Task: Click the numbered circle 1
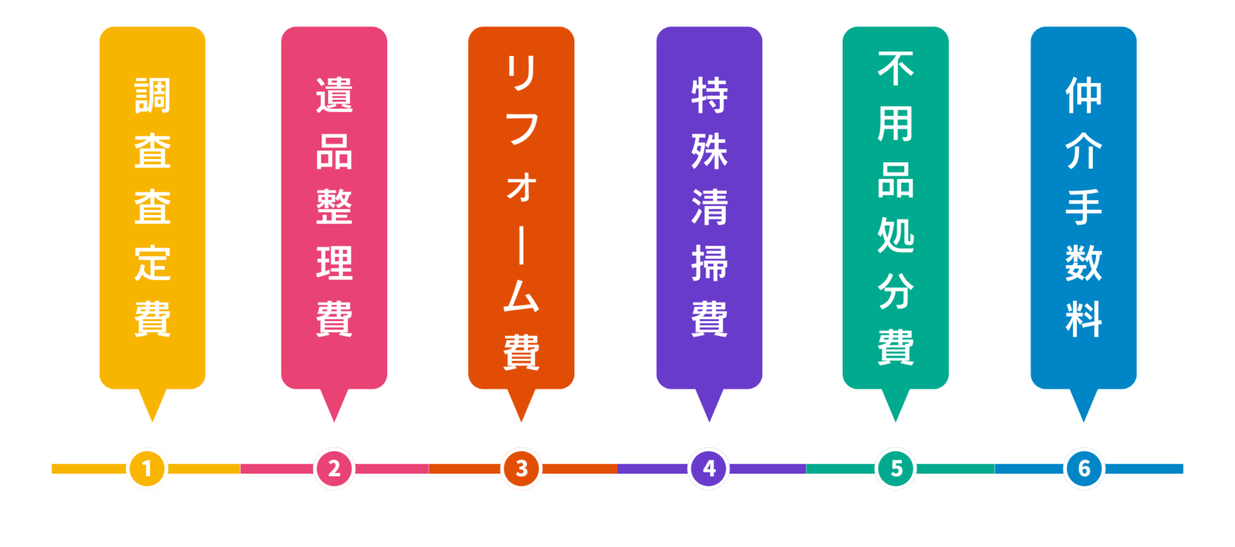[147, 468]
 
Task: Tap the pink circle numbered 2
[334, 468]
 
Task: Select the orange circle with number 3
[521, 468]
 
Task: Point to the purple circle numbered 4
[709, 468]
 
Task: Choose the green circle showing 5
[896, 468]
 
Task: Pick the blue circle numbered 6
[1084, 468]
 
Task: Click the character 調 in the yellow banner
[152, 96]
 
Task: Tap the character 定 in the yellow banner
[152, 263]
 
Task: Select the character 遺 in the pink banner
[334, 96]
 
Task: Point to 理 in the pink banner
[334, 263]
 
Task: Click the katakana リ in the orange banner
[521, 73]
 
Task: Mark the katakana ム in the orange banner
[521, 296]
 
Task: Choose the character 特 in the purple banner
[709, 96]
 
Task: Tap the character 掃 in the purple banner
[709, 263]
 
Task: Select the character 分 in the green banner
[896, 292]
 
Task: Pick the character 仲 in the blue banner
[1084, 96]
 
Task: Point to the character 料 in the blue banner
[1084, 319]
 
